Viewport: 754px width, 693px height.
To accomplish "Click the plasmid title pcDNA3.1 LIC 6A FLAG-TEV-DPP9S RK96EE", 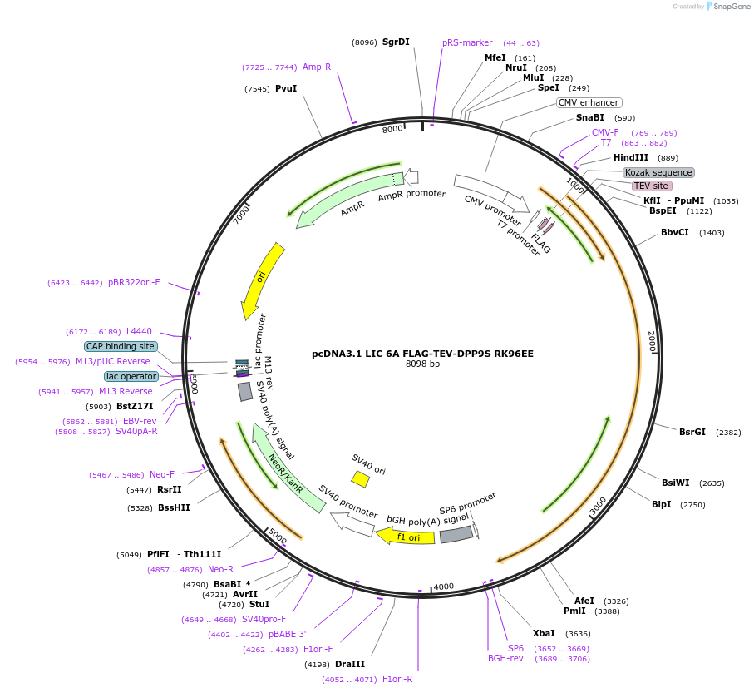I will coord(422,353).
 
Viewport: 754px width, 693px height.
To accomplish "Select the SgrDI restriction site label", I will coord(396,42).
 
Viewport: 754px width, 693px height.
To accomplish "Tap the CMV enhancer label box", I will coord(589,102).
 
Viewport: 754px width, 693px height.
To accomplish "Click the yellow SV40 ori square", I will coord(360,479).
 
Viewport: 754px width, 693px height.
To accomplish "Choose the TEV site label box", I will coord(650,186).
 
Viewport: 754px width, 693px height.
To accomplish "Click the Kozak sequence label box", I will coord(658,172).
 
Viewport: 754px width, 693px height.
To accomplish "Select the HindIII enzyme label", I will coord(631,157).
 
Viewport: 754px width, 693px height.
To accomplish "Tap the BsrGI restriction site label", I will coord(692,432).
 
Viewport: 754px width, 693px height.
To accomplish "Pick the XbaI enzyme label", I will coord(544,633).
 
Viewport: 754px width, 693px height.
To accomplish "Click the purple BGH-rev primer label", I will coord(505,659).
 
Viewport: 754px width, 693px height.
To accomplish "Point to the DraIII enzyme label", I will coord(350,664).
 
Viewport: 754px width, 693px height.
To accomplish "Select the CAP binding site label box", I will coord(120,346).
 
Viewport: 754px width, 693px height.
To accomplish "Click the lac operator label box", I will coord(131,376).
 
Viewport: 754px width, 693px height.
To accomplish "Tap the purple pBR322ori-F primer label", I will coord(134,282).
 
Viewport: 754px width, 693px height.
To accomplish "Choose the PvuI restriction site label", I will coord(286,88).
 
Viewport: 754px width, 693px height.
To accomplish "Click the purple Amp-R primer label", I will coord(317,67).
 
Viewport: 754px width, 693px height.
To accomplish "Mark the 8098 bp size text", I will coord(422,364).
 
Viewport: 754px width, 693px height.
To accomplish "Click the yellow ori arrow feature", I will coord(263,280).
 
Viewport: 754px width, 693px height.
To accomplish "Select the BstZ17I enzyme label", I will coord(135,406).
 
